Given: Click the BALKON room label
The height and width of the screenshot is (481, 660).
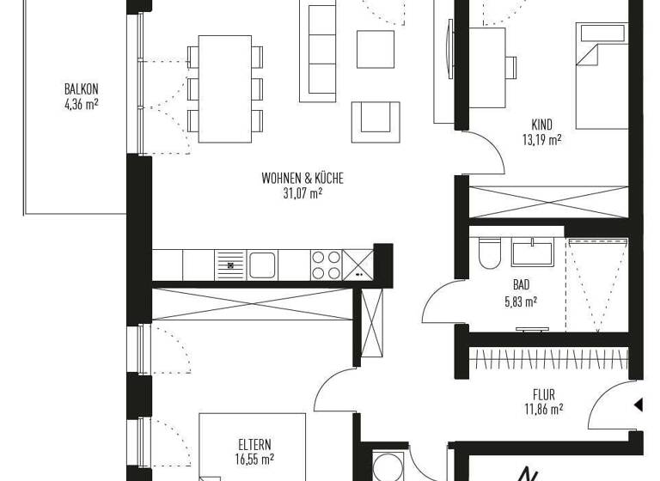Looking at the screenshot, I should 82,88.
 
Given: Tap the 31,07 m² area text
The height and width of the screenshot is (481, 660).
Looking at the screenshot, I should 303,194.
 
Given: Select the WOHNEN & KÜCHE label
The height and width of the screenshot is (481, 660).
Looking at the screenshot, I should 302,179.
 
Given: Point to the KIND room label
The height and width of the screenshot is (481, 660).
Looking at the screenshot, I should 541,124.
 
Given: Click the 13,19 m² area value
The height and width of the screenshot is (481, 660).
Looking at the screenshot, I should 541,138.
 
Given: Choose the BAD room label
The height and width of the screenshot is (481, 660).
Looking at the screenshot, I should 521,286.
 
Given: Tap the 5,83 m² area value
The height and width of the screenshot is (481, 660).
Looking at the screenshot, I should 520,301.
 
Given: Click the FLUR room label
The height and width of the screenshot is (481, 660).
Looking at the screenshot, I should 544,395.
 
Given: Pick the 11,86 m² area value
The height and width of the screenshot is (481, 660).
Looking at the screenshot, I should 544,410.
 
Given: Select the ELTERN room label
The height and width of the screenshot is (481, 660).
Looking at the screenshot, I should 255,444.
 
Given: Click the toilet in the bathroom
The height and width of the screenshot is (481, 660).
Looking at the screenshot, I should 490,253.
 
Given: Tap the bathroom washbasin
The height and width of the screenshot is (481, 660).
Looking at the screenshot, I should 533,253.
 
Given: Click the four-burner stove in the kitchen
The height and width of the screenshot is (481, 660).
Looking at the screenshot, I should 326,265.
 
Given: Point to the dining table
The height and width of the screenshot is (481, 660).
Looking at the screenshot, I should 224,88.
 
